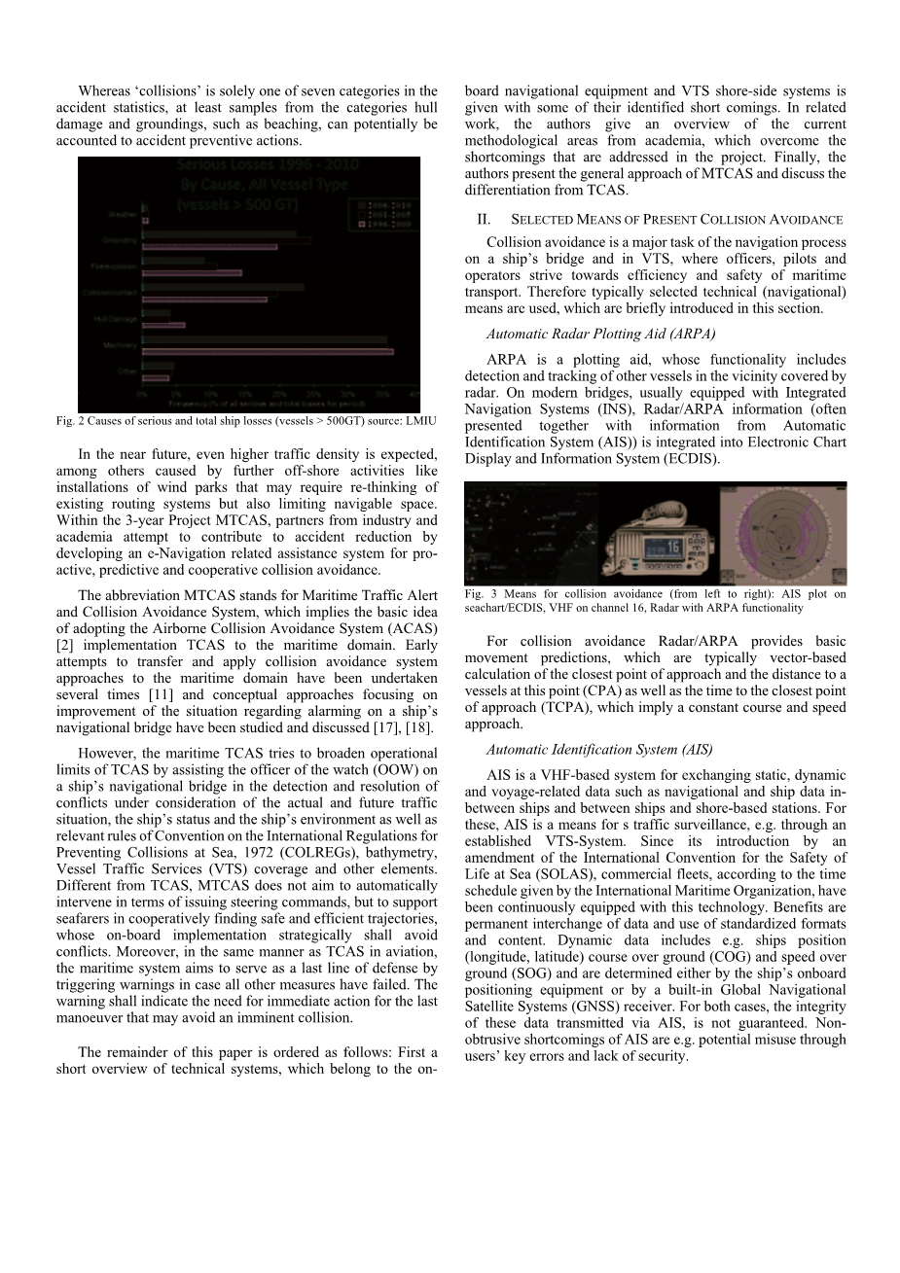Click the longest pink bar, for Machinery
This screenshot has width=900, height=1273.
pyautogui.click(x=268, y=350)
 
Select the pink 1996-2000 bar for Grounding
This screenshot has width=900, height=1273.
pyautogui.click(x=210, y=247)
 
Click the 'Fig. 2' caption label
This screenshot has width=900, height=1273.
pyautogui.click(x=66, y=420)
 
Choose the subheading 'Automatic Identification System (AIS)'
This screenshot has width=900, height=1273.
pyautogui.click(x=599, y=750)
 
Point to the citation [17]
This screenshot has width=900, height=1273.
pyautogui.click(x=384, y=727)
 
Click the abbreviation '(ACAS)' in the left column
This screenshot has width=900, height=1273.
pyautogui.click(x=410, y=628)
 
